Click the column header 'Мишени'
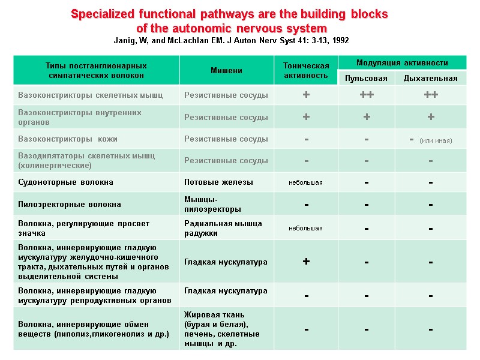click(x=226, y=70)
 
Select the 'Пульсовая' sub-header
click(x=366, y=79)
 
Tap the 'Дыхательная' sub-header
click(x=430, y=79)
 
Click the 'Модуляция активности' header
click(x=402, y=62)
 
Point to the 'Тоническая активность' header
click(x=306, y=70)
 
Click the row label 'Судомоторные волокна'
click(x=65, y=182)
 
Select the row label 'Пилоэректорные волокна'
click(x=70, y=204)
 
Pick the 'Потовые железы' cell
click(x=218, y=182)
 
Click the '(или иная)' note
click(x=436, y=140)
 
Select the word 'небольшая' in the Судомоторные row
click(x=306, y=182)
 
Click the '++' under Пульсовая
click(x=366, y=95)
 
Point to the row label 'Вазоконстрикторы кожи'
click(x=63, y=139)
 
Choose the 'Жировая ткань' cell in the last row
click(x=221, y=329)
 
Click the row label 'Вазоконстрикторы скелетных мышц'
click(x=90, y=95)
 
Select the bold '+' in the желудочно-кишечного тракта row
click(x=306, y=262)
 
